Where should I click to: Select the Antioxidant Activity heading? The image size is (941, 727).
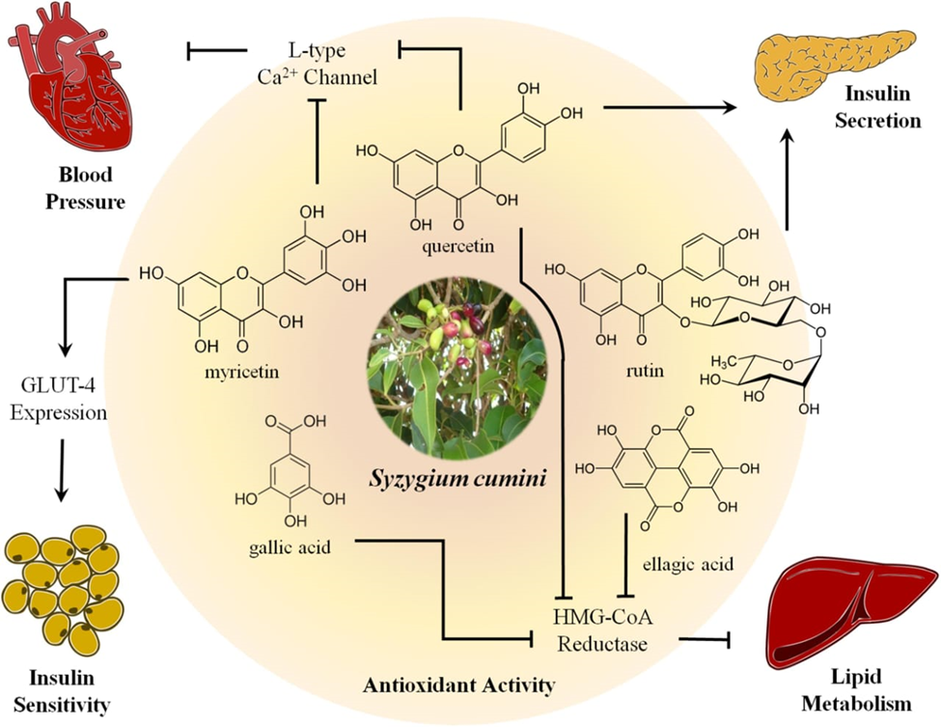pyautogui.click(x=459, y=686)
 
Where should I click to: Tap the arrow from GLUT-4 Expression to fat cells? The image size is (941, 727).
pyautogui.click(x=61, y=470)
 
